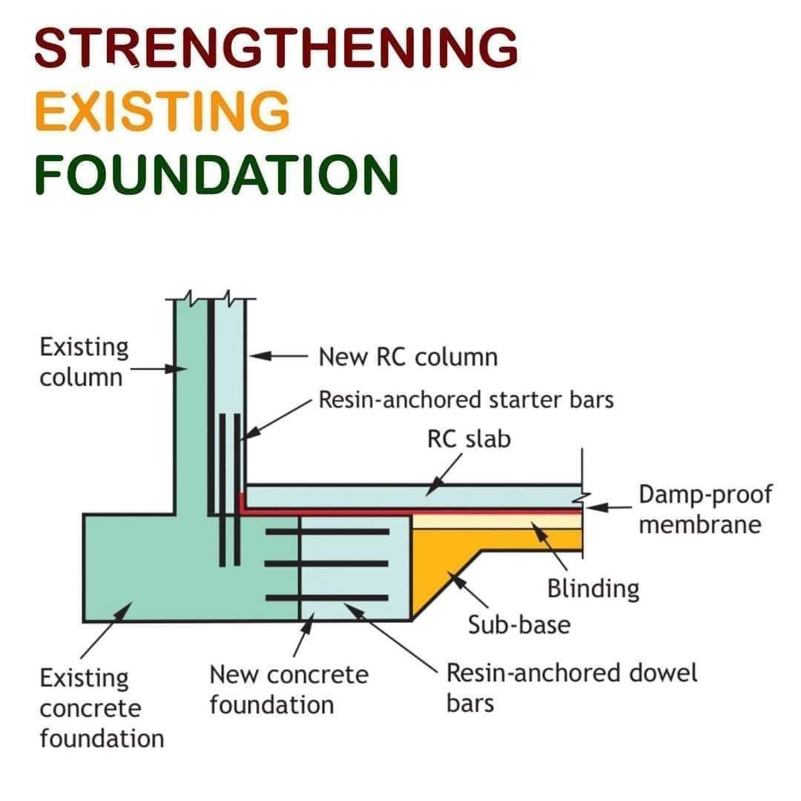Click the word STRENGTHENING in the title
pos(276,47)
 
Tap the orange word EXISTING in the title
pos(162,111)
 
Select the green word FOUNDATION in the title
pos(217,174)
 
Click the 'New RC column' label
pos(408,357)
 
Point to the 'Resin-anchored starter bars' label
pos(466,400)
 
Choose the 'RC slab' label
pos(469,439)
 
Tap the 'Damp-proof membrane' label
pos(705,510)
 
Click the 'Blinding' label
pos(593,588)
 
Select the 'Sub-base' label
pos(519,624)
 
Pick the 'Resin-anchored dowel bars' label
pos(572,688)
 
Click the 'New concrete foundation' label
pos(289,690)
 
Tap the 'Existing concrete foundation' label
pos(102,708)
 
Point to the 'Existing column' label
pos(84,362)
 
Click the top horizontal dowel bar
pos(328,532)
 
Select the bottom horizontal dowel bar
pos(327,598)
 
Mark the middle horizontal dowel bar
pos(327,564)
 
